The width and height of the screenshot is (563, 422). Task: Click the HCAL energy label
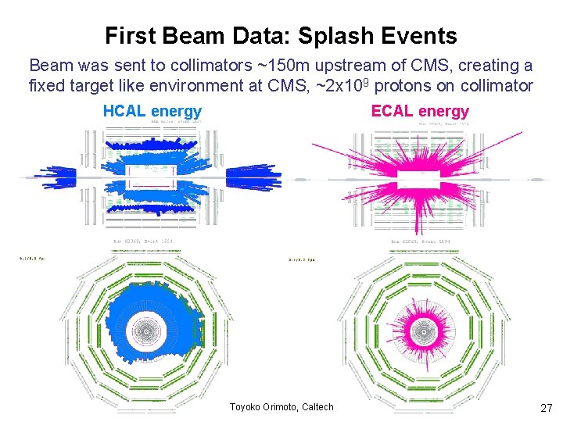click(152, 112)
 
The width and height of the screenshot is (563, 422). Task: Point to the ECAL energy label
click(420, 112)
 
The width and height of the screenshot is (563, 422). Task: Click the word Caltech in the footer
click(317, 406)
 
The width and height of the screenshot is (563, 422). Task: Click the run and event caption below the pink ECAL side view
click(421, 241)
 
